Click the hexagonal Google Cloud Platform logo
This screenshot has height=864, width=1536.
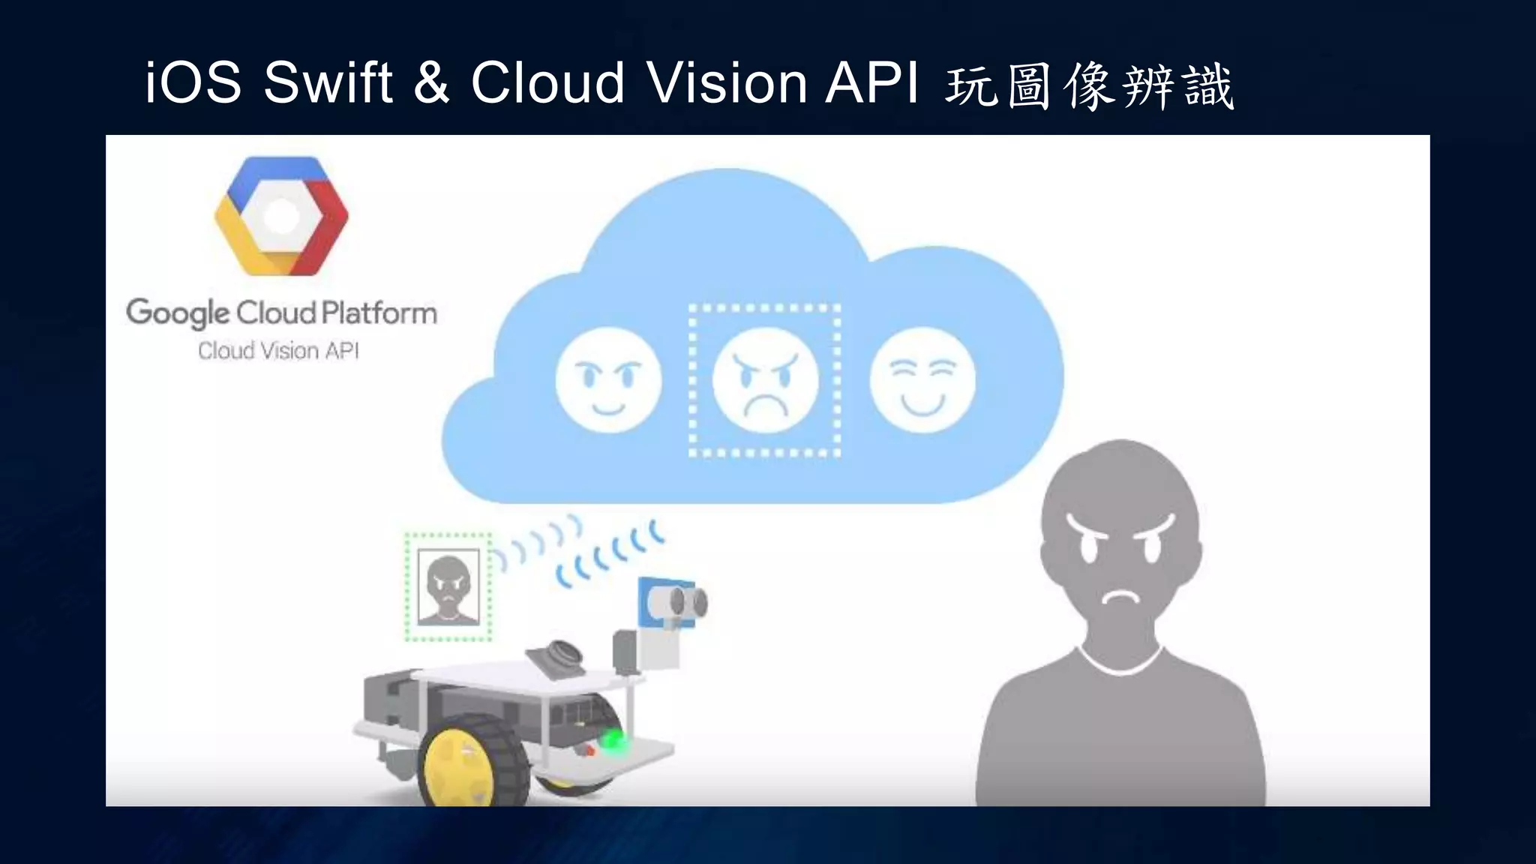281,216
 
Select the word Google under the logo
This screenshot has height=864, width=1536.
178,313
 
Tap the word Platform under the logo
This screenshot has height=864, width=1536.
379,313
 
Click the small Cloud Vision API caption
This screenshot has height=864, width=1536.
278,351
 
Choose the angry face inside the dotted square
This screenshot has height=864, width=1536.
764,380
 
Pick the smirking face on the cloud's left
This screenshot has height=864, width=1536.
608,379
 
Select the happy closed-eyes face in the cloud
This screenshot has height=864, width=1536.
922,380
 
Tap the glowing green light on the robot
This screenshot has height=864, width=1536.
614,740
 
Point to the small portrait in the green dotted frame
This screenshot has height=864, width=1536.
448,587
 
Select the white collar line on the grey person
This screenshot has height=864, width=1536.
1120,664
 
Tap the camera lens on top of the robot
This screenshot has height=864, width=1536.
561,654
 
